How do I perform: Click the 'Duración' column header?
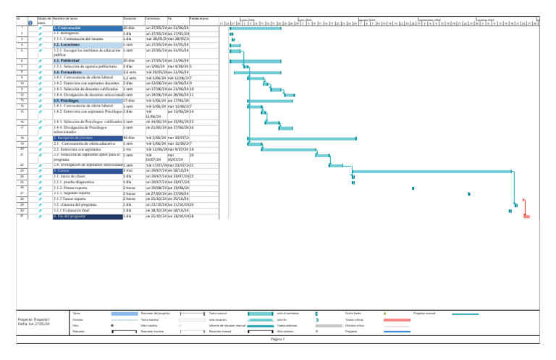[130, 17]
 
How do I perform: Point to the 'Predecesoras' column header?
[200, 17]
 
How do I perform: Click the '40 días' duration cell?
[130, 138]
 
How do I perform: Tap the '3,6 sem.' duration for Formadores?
[130, 73]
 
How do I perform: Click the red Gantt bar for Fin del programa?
[526, 217]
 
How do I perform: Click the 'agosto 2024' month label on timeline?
[367, 20]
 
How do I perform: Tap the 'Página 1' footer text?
[278, 339]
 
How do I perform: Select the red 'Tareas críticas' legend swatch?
[397, 319]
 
